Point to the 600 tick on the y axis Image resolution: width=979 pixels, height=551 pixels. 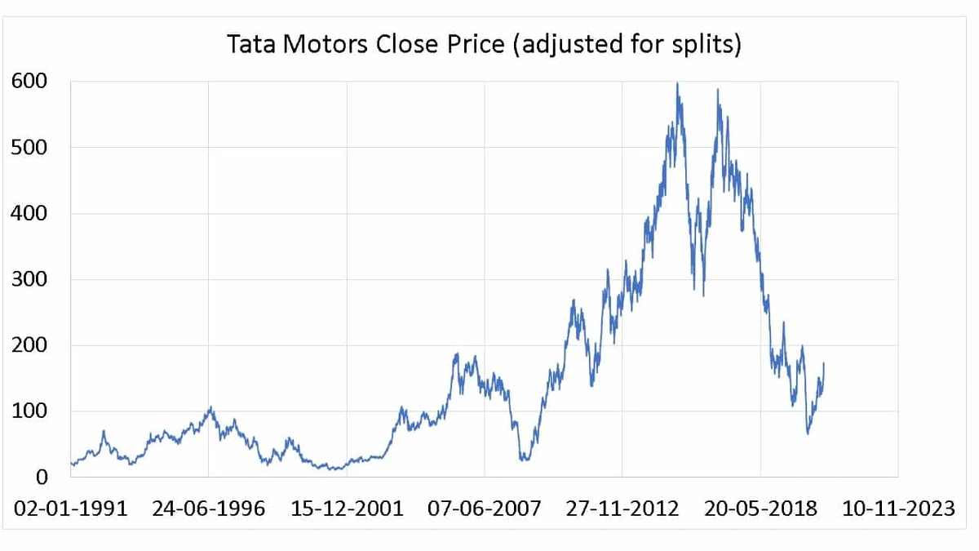pos(29,82)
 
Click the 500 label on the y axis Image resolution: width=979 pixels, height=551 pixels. pos(29,148)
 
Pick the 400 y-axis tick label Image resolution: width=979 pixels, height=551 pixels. pos(29,214)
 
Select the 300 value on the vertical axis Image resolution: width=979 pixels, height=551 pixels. pos(29,280)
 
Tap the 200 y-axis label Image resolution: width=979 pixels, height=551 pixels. pos(29,345)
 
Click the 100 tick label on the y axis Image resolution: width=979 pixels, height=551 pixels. pos(29,411)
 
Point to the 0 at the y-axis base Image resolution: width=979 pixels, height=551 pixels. pos(40,478)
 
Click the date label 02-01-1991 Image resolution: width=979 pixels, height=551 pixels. pos(71,509)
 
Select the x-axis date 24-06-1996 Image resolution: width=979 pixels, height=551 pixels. pos(209,509)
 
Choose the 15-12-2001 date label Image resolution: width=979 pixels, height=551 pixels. pos(347,509)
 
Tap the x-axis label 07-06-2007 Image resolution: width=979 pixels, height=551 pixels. pos(485,509)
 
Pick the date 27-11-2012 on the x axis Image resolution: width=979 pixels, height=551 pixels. pos(622,509)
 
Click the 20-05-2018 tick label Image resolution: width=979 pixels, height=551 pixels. pos(760,509)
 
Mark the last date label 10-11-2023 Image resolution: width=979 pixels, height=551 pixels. pos(898,509)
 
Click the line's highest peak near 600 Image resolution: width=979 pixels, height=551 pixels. pos(677,83)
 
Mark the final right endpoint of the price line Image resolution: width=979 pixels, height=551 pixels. pos(824,363)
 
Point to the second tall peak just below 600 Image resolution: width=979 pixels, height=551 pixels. pos(718,91)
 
